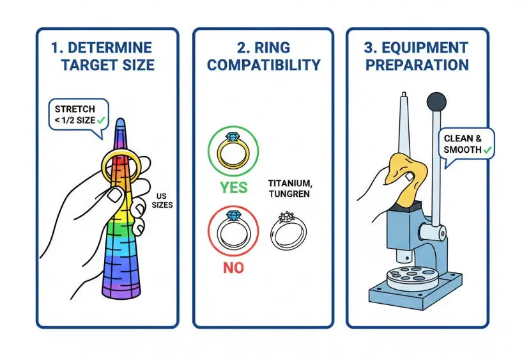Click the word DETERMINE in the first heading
pos(113,48)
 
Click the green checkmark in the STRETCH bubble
pos(101,119)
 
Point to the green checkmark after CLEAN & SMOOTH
pos(488,149)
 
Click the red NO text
pos(233,267)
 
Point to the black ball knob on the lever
pos(436,101)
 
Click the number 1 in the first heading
pos(56,48)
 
